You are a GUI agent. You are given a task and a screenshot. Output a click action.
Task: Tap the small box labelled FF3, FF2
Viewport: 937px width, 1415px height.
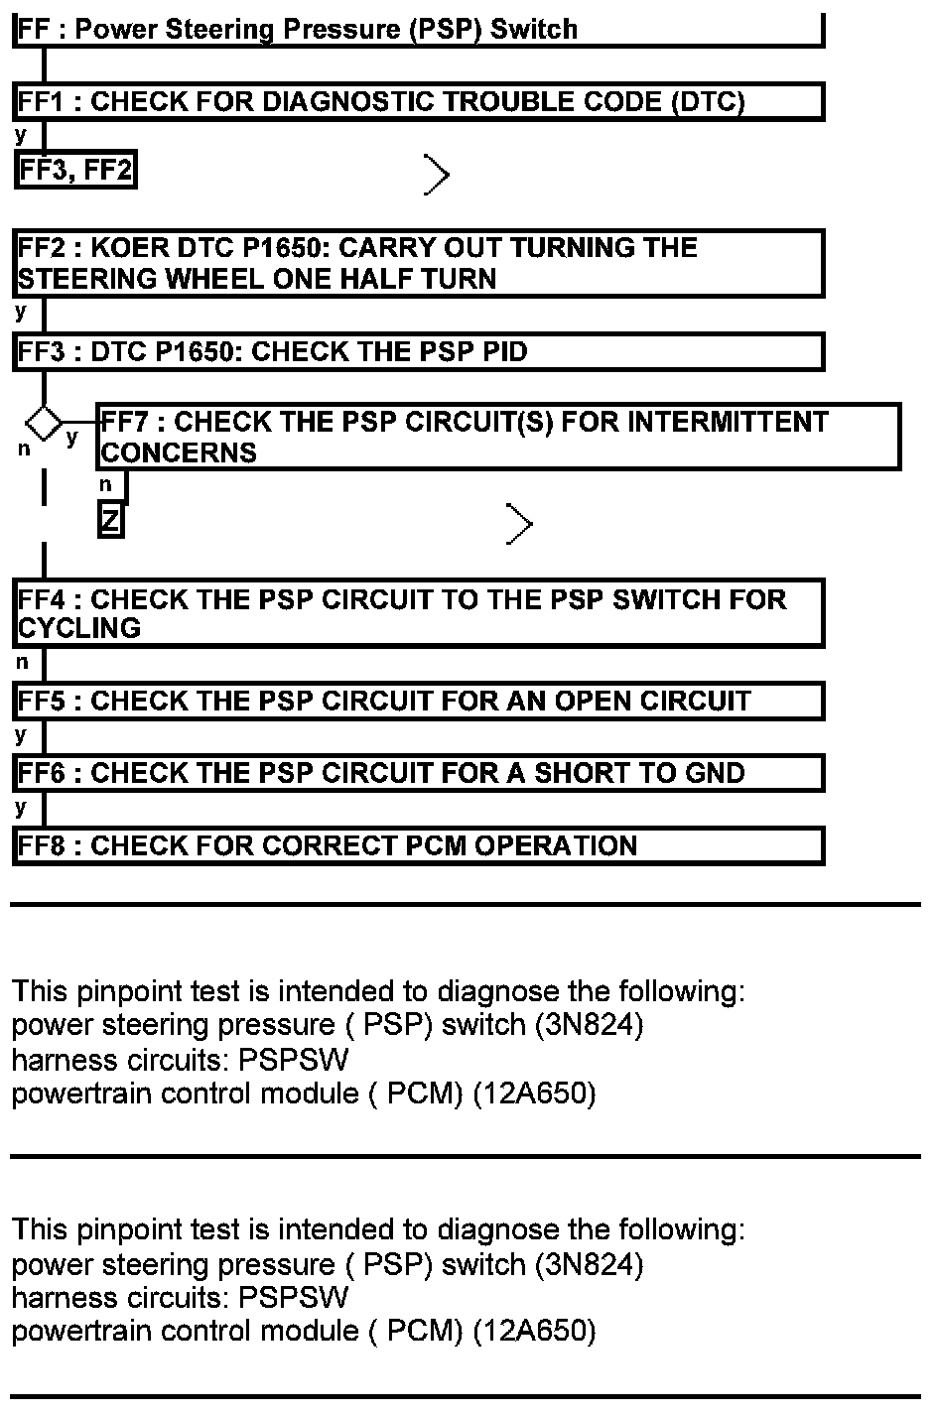tap(75, 171)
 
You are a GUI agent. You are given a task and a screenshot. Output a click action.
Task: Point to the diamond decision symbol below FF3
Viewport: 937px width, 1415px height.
tap(43, 423)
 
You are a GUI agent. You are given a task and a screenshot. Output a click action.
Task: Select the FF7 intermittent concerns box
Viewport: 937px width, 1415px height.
tap(498, 437)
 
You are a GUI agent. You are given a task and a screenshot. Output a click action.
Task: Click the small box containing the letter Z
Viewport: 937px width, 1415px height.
tap(110, 520)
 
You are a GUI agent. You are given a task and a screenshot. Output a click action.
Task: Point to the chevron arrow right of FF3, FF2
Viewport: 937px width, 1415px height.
tap(437, 175)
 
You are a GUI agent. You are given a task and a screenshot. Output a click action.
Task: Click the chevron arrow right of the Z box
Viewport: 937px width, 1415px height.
tap(519, 524)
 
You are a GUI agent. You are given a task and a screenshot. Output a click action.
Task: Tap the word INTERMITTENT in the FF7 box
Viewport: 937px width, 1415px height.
tap(729, 423)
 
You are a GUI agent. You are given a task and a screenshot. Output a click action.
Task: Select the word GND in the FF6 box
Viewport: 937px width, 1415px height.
tap(710, 774)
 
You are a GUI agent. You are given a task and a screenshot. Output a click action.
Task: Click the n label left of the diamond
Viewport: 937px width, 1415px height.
tap(24, 450)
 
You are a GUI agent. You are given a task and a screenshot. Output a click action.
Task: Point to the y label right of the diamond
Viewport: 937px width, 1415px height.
tap(71, 438)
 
